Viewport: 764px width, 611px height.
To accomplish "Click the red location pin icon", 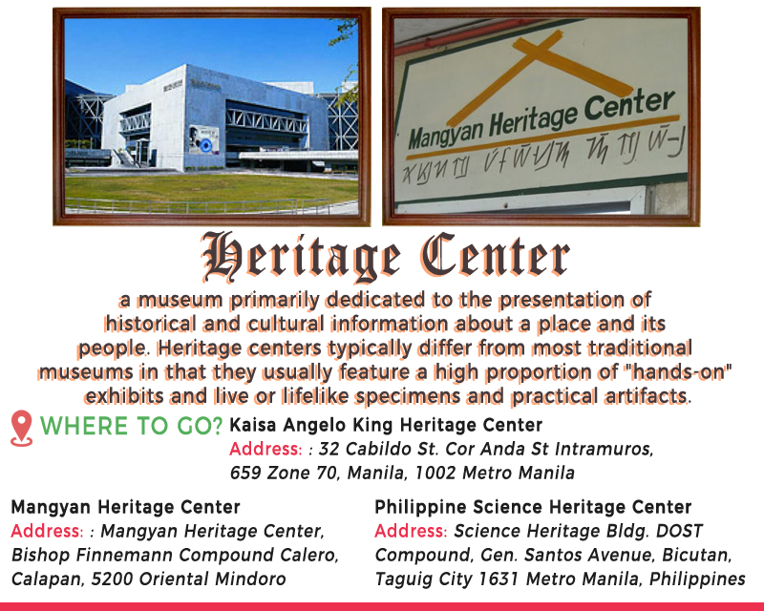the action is point(21,428).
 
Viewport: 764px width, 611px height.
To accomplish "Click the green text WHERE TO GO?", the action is point(131,426).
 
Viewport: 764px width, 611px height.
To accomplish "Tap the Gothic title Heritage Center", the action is point(385,256).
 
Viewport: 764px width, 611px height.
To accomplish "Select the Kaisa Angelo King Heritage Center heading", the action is point(386,425).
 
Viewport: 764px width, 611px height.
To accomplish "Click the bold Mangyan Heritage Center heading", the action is point(126,507).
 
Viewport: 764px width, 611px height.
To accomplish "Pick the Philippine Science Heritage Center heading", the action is point(533,507).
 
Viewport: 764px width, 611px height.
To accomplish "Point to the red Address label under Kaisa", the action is point(265,449).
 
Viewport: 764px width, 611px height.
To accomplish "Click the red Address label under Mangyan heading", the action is point(47,531).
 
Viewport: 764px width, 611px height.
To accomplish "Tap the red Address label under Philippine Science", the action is point(411,531).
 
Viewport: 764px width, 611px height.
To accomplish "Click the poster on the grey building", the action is point(203,139).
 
